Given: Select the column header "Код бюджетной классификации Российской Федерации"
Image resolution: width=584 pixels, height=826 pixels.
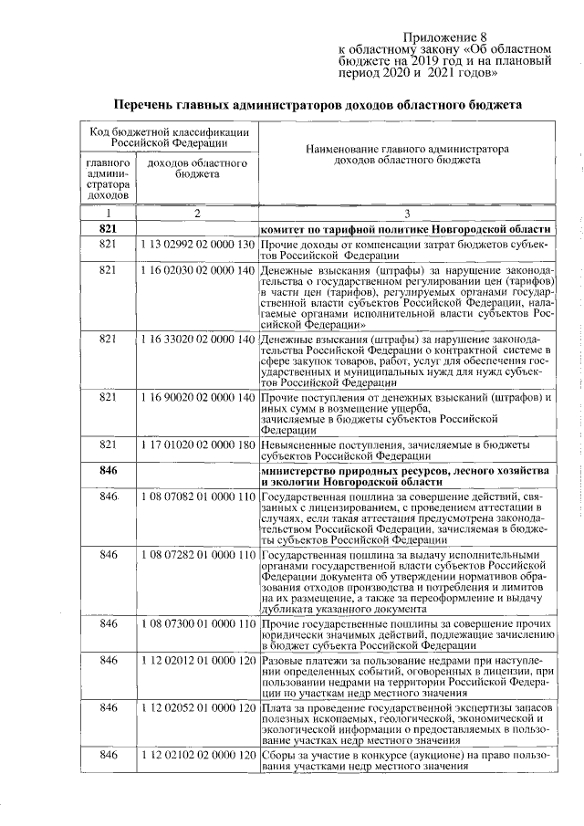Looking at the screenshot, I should pos(170,138).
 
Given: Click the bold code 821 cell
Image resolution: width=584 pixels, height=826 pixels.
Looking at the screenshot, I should pos(109,228).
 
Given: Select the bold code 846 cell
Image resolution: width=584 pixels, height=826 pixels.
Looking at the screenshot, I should pos(109,468).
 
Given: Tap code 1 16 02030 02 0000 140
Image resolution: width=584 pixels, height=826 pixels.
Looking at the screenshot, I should pos(197,271).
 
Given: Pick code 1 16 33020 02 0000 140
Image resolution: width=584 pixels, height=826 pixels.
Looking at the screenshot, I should pos(197,340).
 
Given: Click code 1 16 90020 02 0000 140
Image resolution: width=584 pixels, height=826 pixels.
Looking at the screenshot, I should pos(197,398).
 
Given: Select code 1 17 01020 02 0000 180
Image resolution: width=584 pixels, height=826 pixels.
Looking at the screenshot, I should pos(197,444).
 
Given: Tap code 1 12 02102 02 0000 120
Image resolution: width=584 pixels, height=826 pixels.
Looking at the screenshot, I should pos(197,756).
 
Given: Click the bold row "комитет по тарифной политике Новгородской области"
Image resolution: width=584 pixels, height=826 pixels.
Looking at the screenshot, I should pos(406,228).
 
